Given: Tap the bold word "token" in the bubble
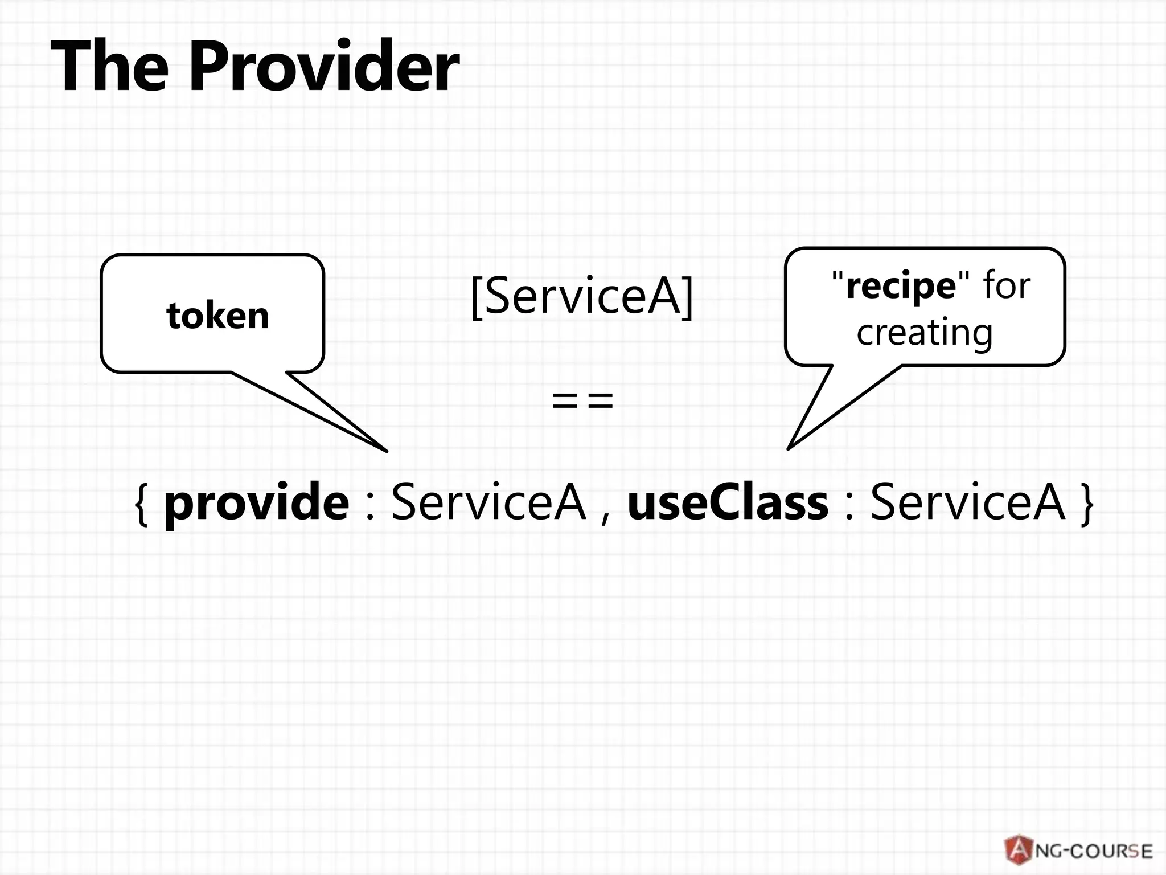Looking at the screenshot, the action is pyautogui.click(x=217, y=316).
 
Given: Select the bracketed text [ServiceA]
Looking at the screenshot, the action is pyautogui.click(x=582, y=296).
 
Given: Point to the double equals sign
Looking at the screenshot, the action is pyautogui.click(x=582, y=400).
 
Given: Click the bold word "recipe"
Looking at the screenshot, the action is pyautogui.click(x=900, y=285).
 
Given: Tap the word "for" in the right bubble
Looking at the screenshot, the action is pyautogui.click(x=1006, y=285).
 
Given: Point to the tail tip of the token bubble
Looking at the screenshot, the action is pyautogui.click(x=386, y=451).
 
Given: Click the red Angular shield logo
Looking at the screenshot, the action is pyautogui.click(x=1019, y=850).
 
